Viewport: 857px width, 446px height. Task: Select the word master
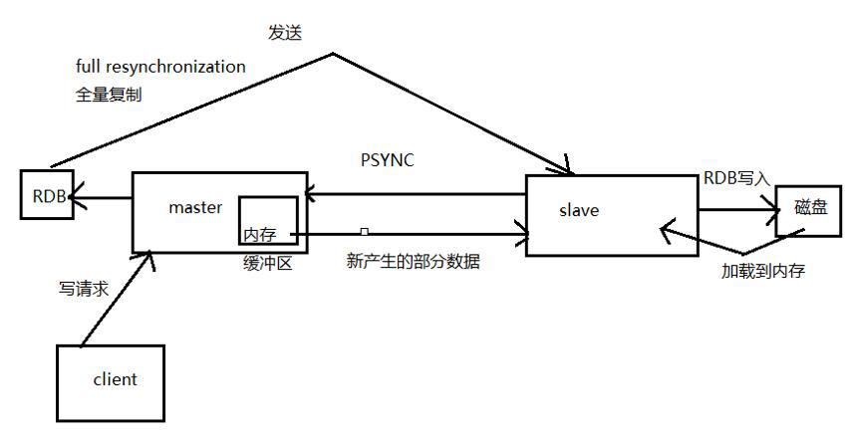pos(195,207)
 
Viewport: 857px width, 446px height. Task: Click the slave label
pos(579,210)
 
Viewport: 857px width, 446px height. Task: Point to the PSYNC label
pos(388,160)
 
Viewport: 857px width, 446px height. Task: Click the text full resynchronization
pos(160,67)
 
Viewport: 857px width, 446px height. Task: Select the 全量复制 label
pos(109,95)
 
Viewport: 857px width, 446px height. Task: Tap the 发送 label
pos(285,33)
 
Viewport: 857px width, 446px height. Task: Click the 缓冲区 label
pos(268,264)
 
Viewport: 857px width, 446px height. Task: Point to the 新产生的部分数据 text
pos(414,261)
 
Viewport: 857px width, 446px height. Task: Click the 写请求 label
pos(84,289)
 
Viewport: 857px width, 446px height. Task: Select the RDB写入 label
pos(736,178)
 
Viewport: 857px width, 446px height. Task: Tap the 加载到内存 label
pos(763,271)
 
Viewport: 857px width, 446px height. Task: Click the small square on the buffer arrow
pos(365,232)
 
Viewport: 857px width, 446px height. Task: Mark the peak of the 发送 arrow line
pos(332,54)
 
